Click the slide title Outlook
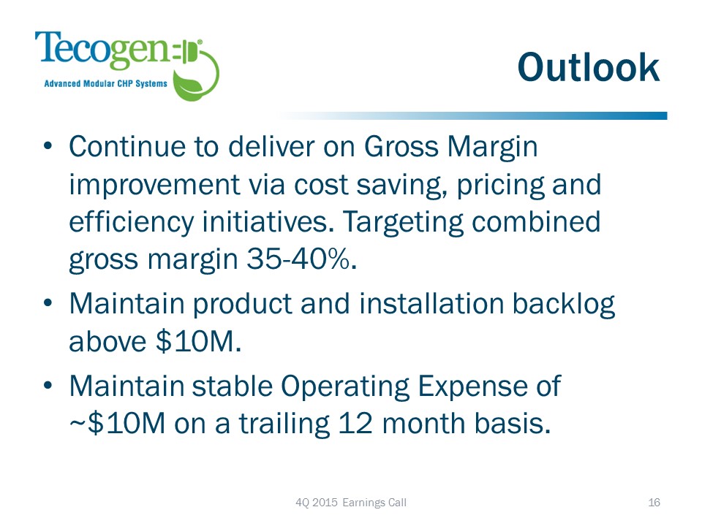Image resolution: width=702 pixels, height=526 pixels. click(x=588, y=67)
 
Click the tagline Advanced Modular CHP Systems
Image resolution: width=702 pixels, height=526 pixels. click(x=105, y=83)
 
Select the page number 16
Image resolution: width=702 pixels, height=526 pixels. click(x=654, y=503)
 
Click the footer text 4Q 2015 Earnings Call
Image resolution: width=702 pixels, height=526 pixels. click(x=351, y=503)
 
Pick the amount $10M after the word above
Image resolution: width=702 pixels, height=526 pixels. click(x=199, y=342)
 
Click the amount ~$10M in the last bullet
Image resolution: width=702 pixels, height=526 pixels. click(x=117, y=423)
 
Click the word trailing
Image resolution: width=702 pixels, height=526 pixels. click(x=284, y=424)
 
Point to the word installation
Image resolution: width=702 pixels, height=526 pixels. click(x=431, y=304)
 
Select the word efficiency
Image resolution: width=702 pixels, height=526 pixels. click(x=131, y=223)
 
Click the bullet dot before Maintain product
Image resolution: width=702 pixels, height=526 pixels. click(x=48, y=302)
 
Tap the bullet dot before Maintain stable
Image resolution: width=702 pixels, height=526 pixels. click(x=48, y=385)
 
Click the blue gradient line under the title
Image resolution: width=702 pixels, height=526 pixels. click(x=472, y=116)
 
